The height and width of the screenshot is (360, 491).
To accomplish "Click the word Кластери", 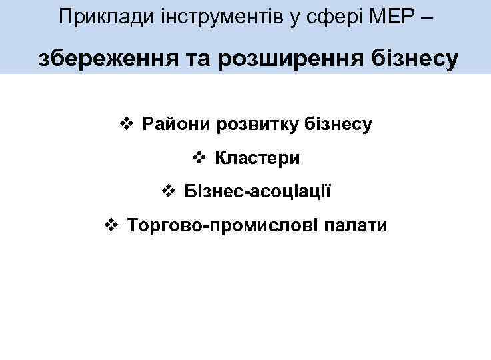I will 257,159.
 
